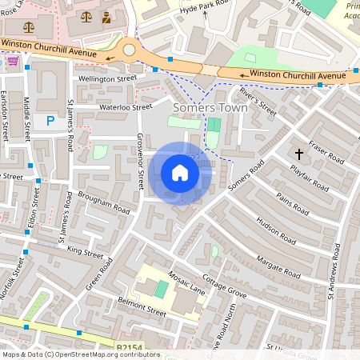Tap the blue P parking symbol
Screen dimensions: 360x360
50,121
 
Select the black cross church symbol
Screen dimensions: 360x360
300,153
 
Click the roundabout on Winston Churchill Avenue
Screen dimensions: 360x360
129,50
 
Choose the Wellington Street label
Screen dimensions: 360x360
106,79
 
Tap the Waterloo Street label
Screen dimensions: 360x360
125,106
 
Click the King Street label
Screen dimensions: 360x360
86,252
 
